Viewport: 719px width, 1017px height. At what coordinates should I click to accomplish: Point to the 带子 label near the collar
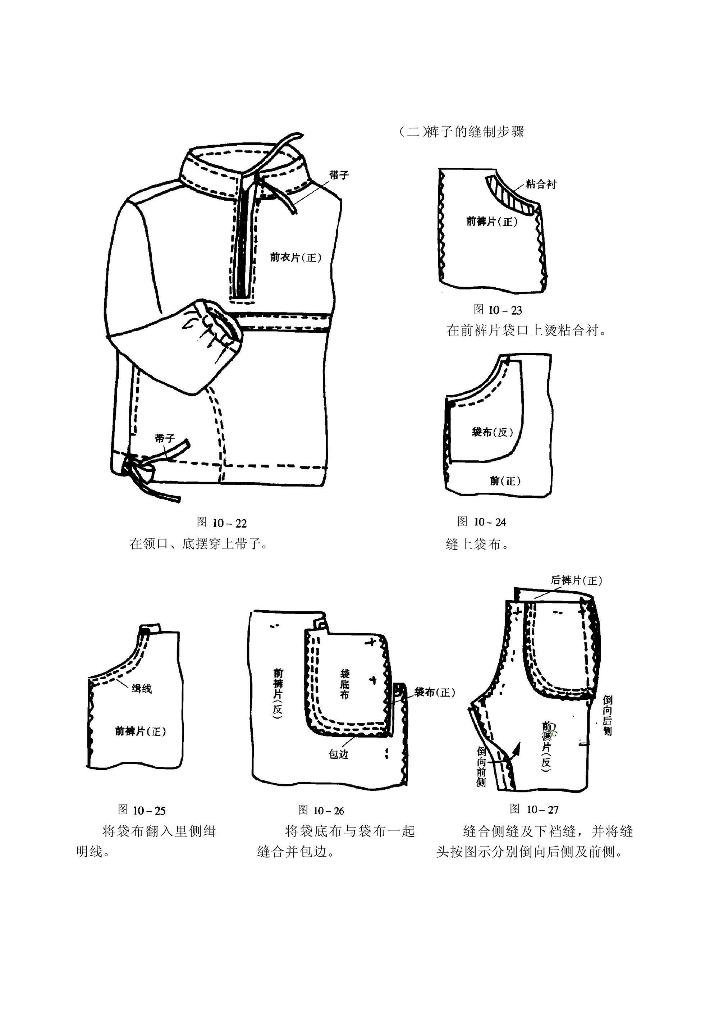point(339,175)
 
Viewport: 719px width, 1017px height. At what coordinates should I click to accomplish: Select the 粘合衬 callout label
point(541,184)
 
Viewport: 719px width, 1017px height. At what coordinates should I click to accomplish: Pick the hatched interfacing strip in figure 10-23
point(509,195)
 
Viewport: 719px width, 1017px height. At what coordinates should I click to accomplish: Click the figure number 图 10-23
point(498,310)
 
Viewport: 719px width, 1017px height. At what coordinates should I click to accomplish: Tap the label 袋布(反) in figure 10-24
point(492,432)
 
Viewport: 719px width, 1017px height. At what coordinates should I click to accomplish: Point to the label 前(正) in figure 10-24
point(505,480)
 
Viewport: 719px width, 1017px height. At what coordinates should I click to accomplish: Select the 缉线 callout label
point(142,689)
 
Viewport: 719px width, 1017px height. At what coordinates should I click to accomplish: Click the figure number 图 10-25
point(142,811)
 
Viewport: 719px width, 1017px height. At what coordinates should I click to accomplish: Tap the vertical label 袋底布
point(345,684)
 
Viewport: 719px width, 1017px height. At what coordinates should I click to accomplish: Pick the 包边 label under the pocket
point(339,754)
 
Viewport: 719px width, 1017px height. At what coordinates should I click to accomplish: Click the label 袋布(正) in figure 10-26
point(434,692)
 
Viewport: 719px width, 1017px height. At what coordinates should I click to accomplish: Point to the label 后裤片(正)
point(576,581)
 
